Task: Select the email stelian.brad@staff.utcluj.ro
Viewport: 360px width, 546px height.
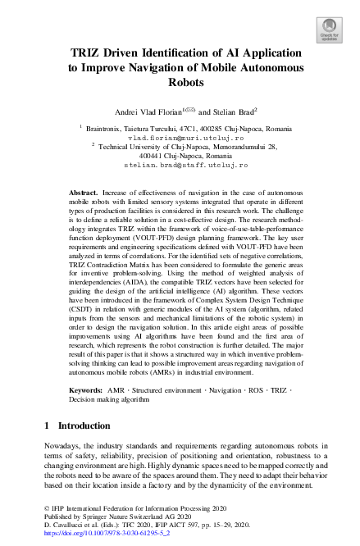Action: pyautogui.click(x=185, y=165)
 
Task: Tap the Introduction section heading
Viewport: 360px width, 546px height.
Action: pyautogui.click(x=84, y=425)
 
